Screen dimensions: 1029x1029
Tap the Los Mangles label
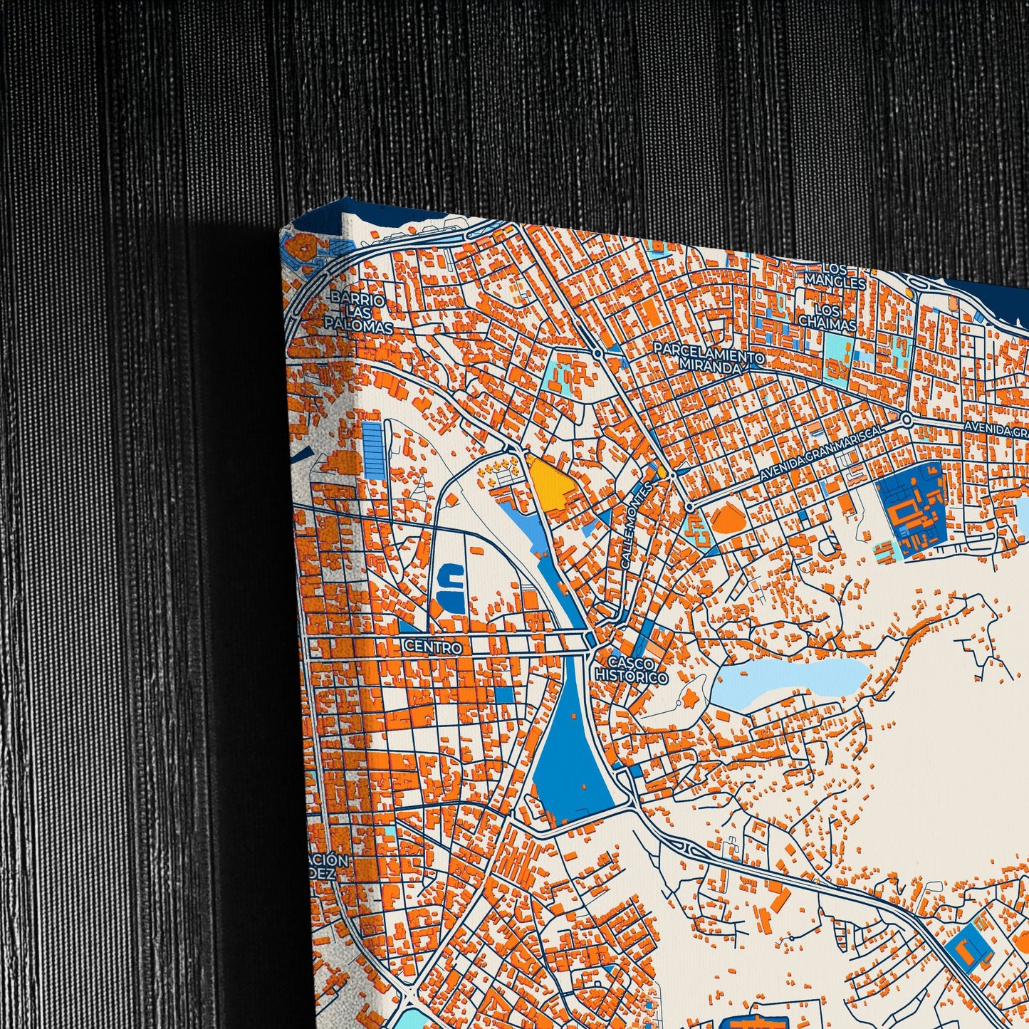(x=835, y=277)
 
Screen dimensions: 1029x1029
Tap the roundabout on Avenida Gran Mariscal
(x=906, y=419)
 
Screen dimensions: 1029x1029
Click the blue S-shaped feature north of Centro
(x=450, y=587)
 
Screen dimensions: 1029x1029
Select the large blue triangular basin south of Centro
(x=571, y=755)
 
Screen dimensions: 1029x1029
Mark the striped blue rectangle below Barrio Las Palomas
(x=374, y=450)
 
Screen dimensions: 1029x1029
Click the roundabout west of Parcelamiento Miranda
(x=597, y=352)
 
